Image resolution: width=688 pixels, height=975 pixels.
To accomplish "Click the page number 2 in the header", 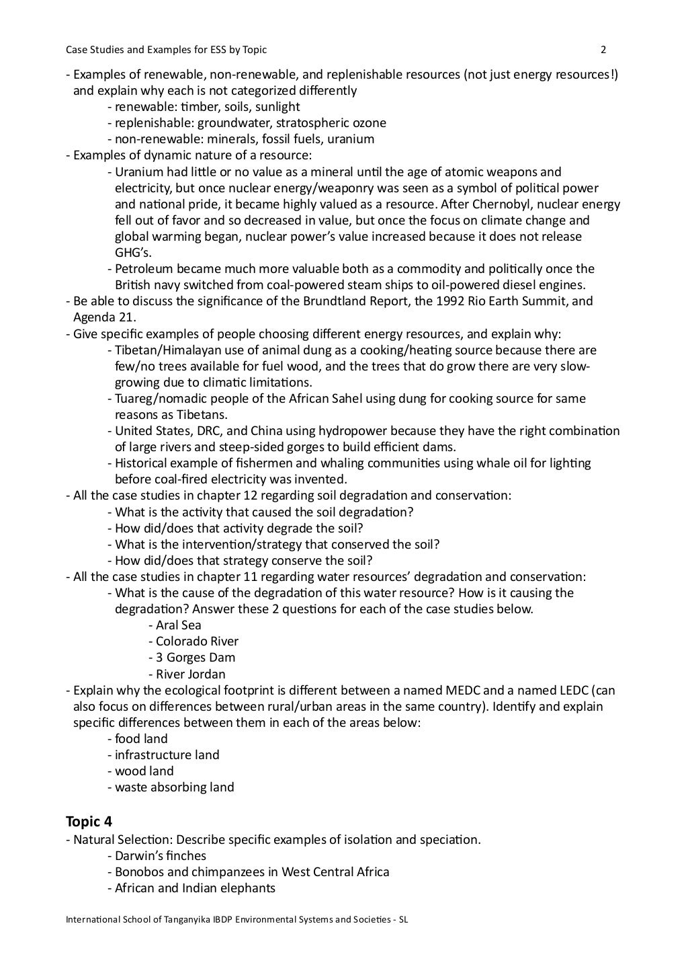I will point(603,49).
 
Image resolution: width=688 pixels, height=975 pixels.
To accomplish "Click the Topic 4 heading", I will point(89,821).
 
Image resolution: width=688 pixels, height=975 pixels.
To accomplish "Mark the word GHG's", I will point(133,253).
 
